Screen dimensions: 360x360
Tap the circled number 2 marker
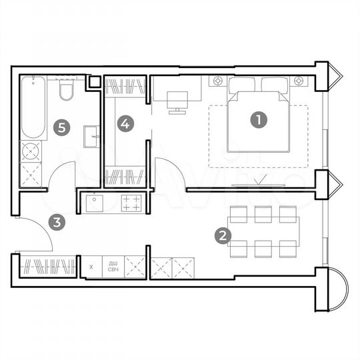click(223, 235)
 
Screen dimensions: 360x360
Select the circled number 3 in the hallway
click(59, 223)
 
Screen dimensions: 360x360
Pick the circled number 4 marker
click(125, 123)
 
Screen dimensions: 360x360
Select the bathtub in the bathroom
click(32, 108)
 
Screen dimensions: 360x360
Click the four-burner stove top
click(131, 201)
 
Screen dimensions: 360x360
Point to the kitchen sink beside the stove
click(94, 202)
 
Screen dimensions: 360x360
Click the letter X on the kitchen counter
click(91, 266)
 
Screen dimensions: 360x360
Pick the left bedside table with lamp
click(218, 81)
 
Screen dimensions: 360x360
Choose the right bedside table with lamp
click(300, 81)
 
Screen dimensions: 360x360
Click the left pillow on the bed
click(243, 85)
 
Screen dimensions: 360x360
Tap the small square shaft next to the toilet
click(95, 82)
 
